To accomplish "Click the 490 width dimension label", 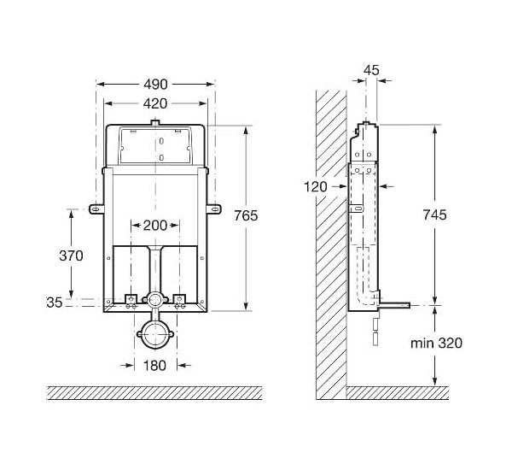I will (x=155, y=84).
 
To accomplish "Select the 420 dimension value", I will (x=155, y=103).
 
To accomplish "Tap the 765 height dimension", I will (x=246, y=215).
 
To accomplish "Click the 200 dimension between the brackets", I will (x=154, y=225).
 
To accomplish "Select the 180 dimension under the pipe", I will (x=155, y=366).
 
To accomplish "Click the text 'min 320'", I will (x=435, y=344).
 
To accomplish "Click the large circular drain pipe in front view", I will (x=155, y=333).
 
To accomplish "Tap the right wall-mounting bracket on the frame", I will (x=212, y=205).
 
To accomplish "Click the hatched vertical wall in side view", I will (x=329, y=239).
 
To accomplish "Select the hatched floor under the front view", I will (x=154, y=393).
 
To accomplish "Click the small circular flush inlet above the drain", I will (x=155, y=301).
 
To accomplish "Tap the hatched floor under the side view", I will (x=397, y=393).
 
